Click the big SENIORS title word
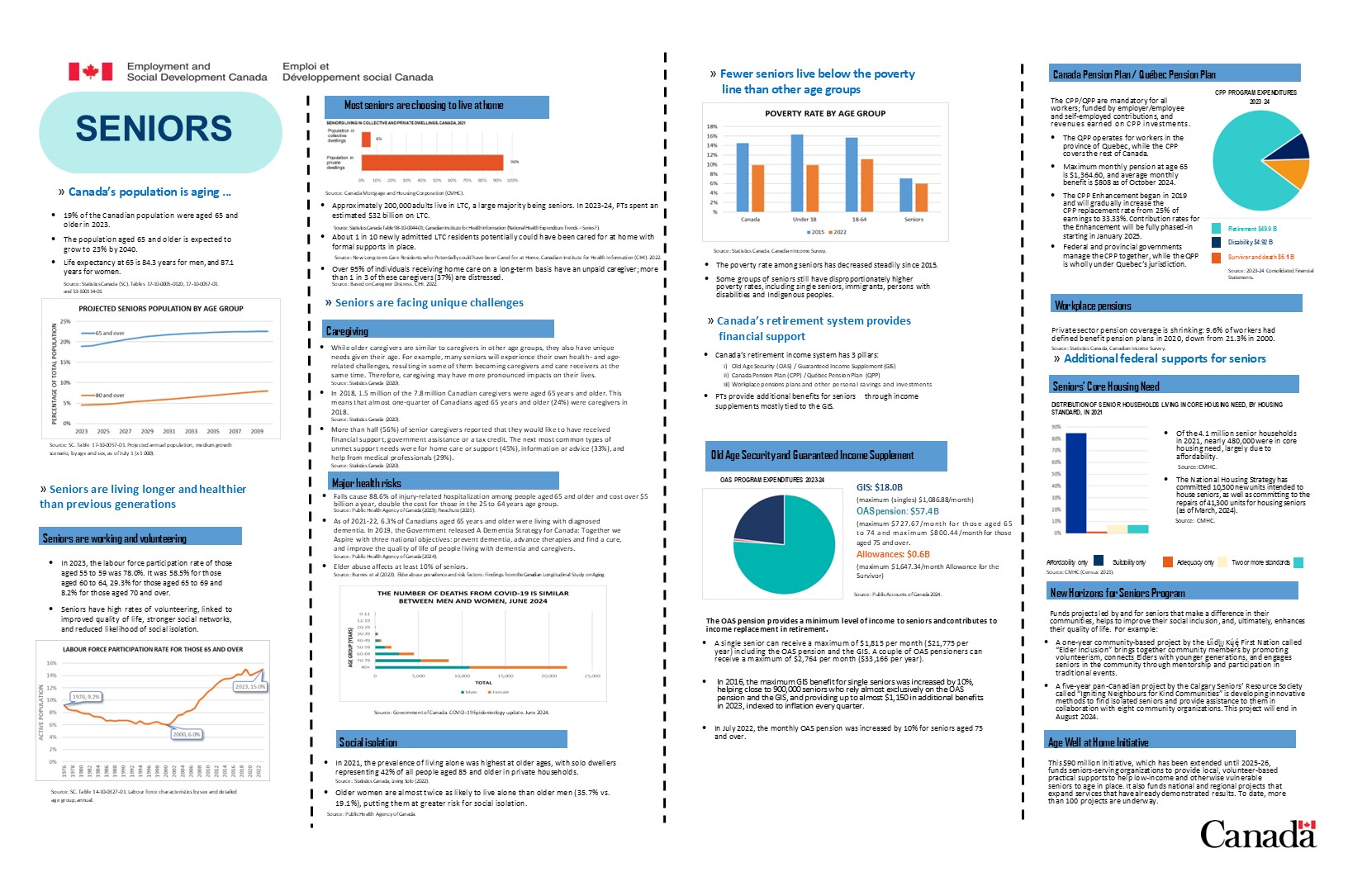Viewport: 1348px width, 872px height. coord(154,129)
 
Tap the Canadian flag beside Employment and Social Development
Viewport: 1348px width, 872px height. coord(90,72)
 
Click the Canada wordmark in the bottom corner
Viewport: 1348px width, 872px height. coord(1257,834)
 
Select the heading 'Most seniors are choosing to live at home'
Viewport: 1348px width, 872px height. coord(423,106)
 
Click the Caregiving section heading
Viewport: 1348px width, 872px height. coord(347,331)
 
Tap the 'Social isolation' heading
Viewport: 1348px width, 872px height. coord(368,742)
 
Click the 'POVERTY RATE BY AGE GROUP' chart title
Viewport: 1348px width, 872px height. coord(824,114)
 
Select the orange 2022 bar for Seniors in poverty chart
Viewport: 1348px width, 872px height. coord(922,197)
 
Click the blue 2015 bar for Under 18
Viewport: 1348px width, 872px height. coord(797,173)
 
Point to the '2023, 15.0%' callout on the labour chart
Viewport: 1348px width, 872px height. coord(249,686)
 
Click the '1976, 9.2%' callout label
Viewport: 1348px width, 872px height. coord(86,697)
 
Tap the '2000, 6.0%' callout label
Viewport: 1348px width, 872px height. coord(186,734)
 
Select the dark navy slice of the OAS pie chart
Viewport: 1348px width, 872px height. coord(760,519)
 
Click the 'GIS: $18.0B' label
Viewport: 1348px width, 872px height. coord(879,487)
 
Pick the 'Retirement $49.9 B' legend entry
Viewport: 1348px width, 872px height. coord(1251,229)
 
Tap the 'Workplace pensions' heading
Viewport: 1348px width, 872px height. coord(1092,306)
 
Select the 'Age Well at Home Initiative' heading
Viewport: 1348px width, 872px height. coord(1098,742)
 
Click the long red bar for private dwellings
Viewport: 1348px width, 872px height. coord(432,163)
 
